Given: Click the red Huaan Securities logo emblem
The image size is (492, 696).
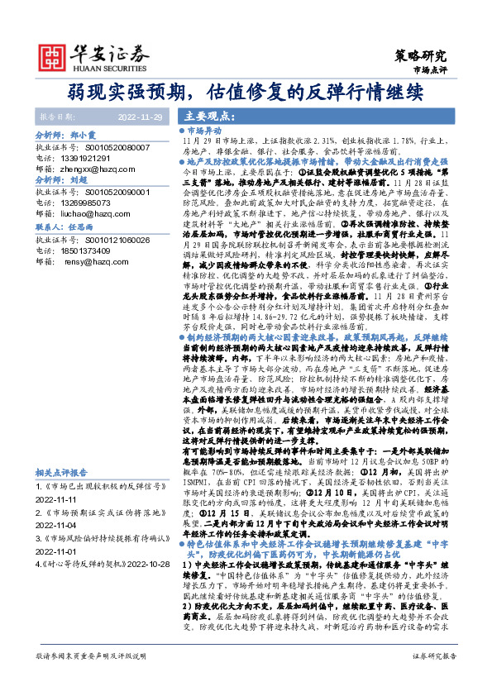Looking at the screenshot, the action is (x=54, y=55).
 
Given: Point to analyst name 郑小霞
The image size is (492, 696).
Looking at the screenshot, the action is (x=84, y=132).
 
